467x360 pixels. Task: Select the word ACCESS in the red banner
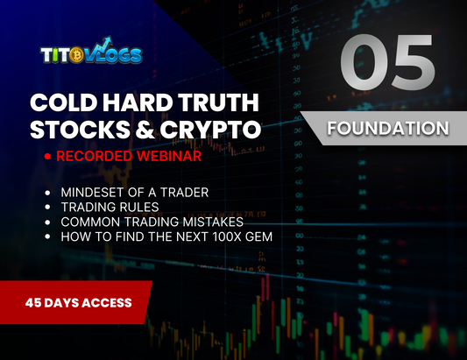point(108,302)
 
